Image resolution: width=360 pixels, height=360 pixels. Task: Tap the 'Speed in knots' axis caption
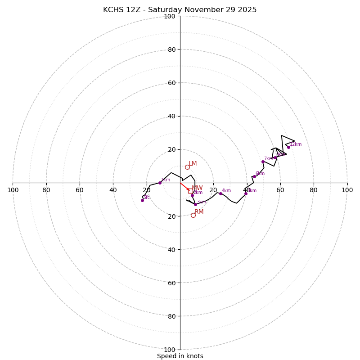click(180, 356)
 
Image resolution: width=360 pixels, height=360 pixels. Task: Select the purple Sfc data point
click(142, 200)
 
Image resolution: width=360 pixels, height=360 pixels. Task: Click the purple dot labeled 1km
click(160, 183)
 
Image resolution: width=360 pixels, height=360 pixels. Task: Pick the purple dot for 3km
click(195, 204)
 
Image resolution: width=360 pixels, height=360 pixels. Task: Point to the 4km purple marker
click(220, 193)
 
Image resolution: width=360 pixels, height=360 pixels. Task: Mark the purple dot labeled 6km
click(254, 176)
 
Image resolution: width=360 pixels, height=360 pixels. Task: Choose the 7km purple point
click(263, 162)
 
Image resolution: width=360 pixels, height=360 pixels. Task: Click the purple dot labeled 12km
click(288, 147)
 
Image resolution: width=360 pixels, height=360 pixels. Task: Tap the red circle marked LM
click(187, 167)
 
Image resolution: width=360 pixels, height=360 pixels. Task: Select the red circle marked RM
click(193, 215)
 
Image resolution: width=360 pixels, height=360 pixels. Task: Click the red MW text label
click(197, 188)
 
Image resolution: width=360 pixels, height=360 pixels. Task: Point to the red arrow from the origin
click(184, 187)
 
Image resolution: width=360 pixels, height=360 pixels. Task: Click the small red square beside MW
click(189, 191)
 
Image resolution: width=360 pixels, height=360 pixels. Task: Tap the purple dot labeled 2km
click(192, 195)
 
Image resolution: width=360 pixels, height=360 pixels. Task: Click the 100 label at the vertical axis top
click(170, 16)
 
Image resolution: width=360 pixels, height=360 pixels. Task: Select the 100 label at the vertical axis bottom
click(170, 350)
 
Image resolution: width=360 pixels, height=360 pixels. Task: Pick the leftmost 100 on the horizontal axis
click(13, 190)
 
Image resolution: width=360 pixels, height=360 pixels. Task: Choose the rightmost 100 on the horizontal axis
click(347, 190)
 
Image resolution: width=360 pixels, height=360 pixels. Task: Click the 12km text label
click(296, 144)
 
